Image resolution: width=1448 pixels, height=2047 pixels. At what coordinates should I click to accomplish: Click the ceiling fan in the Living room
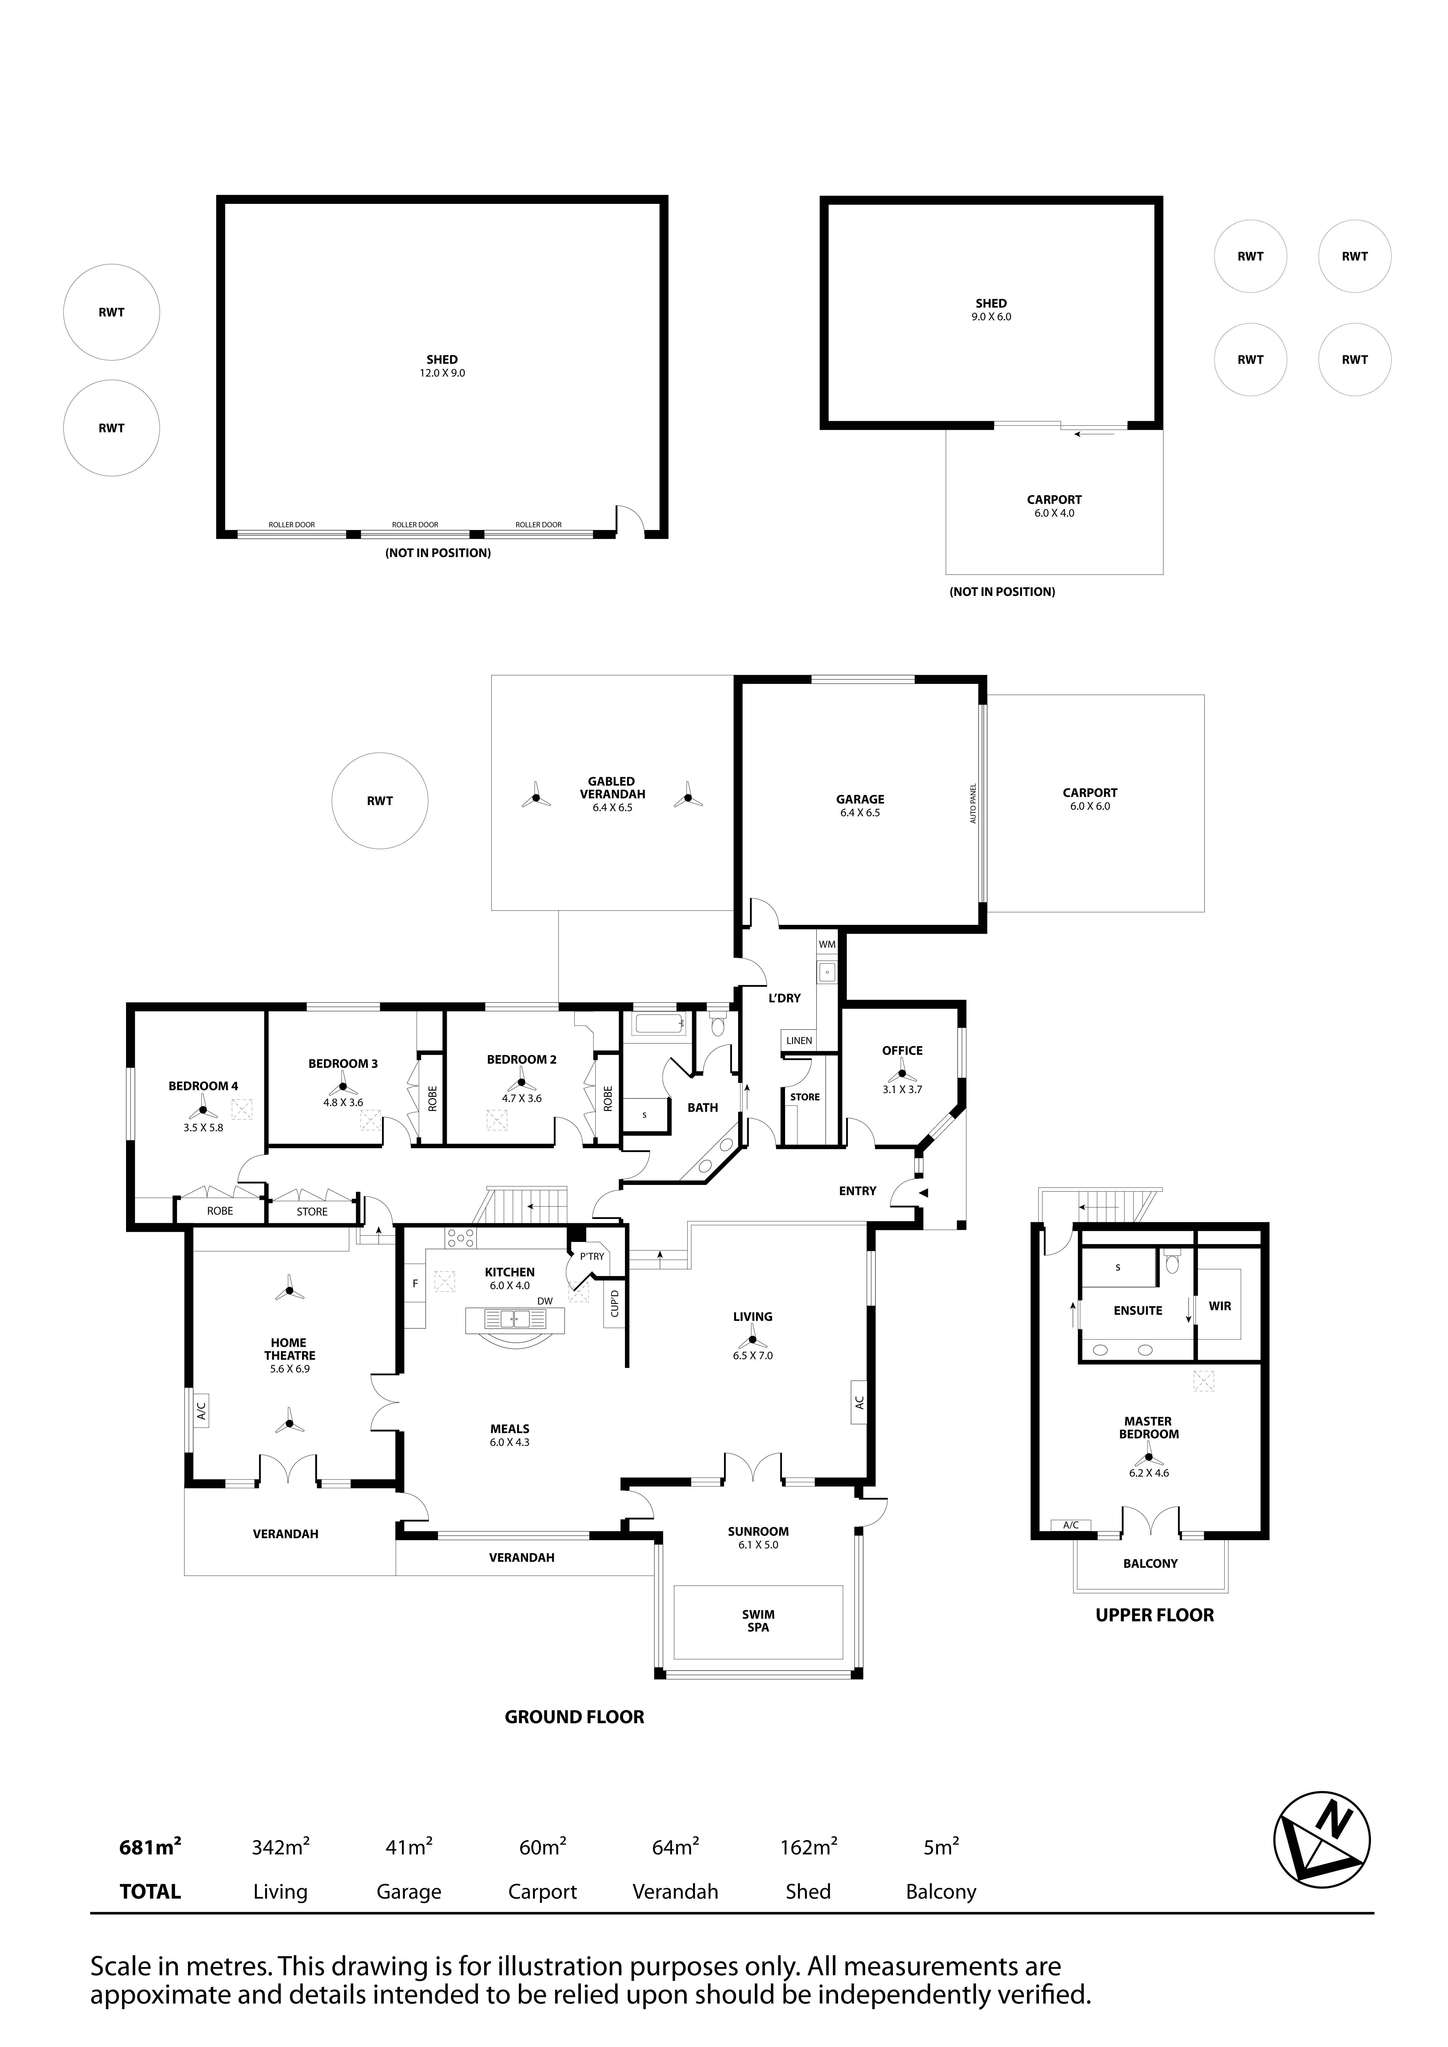pos(752,1338)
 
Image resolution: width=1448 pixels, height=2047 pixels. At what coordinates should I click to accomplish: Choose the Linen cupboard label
pos(799,1041)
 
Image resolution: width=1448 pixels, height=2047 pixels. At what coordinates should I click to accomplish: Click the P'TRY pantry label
pos(592,1256)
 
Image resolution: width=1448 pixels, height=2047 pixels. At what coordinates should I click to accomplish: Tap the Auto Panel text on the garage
pos(974,803)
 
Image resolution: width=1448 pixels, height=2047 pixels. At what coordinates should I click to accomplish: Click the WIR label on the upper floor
pos(1220,1306)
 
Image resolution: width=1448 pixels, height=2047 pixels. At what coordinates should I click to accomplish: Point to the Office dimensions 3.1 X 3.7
pos(902,1090)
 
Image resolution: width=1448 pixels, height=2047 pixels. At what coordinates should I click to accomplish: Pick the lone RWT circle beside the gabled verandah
pos(380,800)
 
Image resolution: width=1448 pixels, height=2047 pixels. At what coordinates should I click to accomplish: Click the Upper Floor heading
pos(1155,1615)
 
